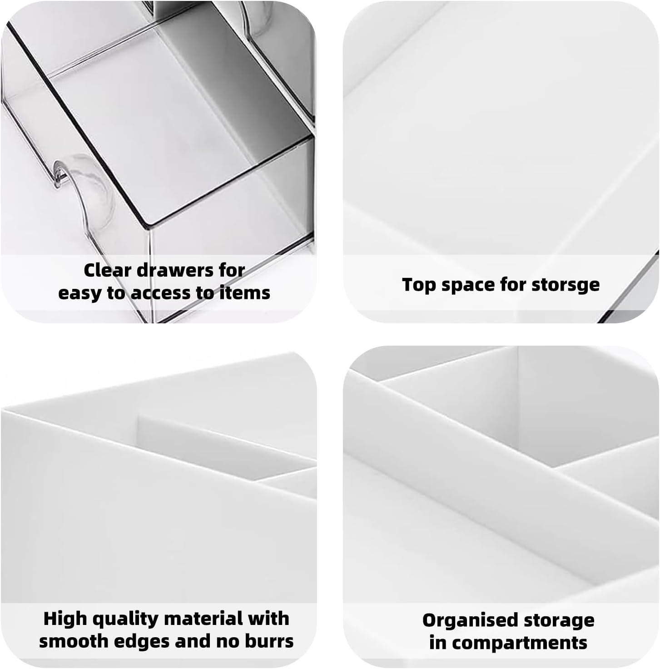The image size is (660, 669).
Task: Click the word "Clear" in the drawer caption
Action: tap(107, 270)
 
